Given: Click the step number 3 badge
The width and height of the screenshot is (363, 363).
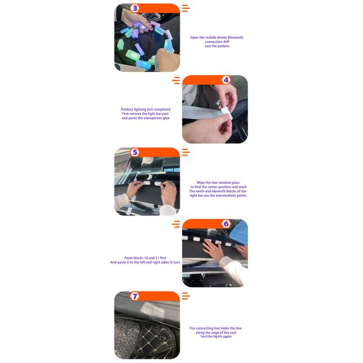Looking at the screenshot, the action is (x=135, y=8).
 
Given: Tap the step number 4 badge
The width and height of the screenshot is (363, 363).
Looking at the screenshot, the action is (x=226, y=80).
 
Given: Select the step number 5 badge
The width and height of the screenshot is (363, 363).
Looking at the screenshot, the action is (x=135, y=152).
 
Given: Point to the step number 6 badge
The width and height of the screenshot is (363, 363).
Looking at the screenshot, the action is (x=226, y=224).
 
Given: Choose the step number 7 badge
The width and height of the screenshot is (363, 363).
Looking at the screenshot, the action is (x=135, y=296).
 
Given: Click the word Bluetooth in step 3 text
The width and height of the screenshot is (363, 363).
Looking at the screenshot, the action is (x=235, y=38).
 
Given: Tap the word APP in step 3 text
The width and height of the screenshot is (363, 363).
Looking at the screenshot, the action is (x=226, y=42).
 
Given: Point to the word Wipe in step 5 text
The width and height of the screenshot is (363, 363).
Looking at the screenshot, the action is (x=200, y=183).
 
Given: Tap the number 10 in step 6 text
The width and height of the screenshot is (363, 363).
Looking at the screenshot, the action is (x=146, y=258).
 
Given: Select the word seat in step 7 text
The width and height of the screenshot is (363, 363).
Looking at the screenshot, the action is (x=233, y=333).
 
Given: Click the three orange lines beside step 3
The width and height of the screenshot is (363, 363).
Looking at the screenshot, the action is (x=186, y=8).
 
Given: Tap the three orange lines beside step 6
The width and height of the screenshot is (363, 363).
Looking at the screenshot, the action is (x=176, y=224).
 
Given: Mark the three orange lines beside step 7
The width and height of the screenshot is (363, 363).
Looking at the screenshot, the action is (x=186, y=296).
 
